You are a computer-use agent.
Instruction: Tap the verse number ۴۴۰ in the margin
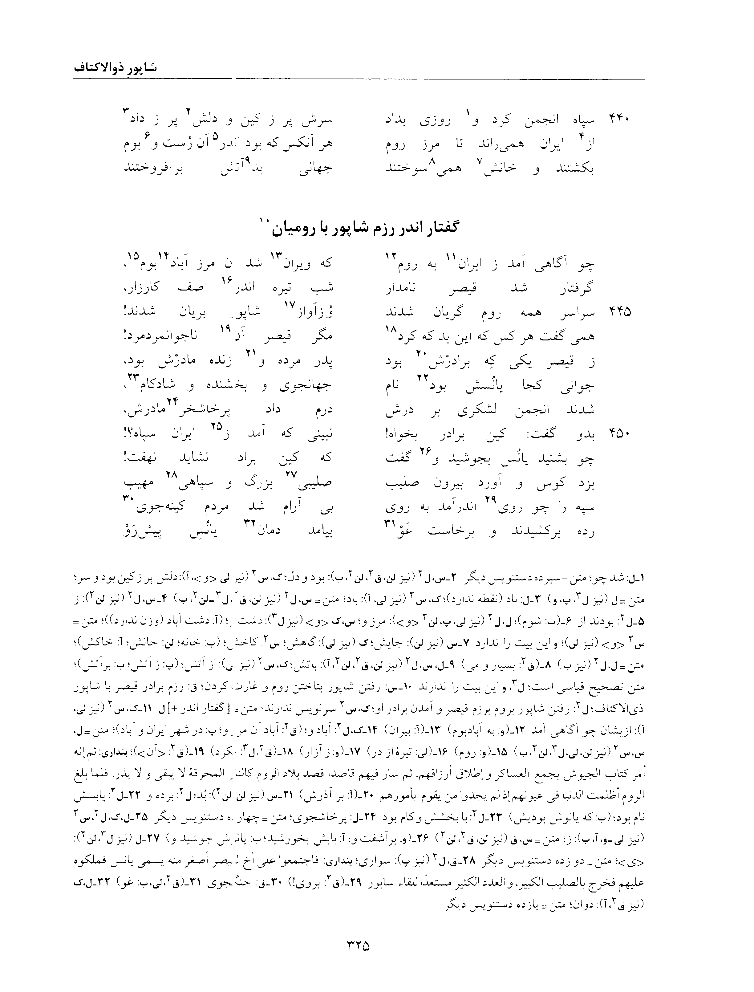pos(619,120)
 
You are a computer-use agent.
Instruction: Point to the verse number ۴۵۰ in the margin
pos(619,433)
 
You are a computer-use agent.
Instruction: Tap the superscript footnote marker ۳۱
pos(388,523)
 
